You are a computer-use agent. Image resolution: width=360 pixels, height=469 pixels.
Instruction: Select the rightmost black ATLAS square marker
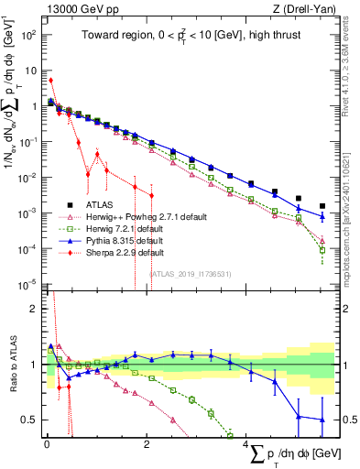(322, 206)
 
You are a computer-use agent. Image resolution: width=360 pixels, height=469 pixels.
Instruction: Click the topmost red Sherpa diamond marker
(50, 81)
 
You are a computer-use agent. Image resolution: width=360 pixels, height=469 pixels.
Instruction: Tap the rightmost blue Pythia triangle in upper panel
(322, 216)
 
